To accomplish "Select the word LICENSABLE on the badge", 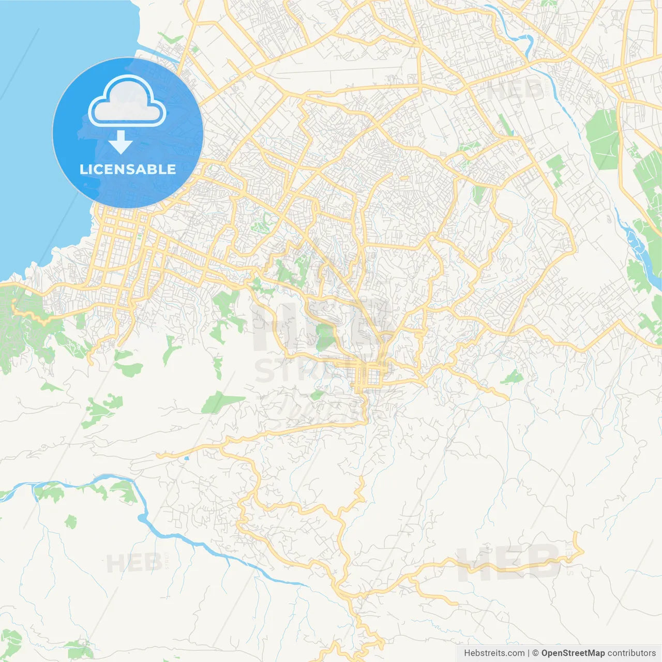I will click(x=128, y=169).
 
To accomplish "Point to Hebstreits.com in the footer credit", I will click(x=494, y=653).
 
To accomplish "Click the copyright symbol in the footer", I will click(x=536, y=653).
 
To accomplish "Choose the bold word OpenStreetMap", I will click(x=573, y=653).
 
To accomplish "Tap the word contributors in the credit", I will click(x=631, y=653).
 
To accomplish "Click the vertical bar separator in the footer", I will click(x=529, y=653).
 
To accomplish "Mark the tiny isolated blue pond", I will click(x=186, y=458).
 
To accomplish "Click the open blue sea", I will click(x=31, y=155).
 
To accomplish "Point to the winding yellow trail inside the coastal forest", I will click(x=31, y=315).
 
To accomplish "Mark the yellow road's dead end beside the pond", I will click(x=158, y=456).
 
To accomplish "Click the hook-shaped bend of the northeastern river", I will click(x=528, y=41).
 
